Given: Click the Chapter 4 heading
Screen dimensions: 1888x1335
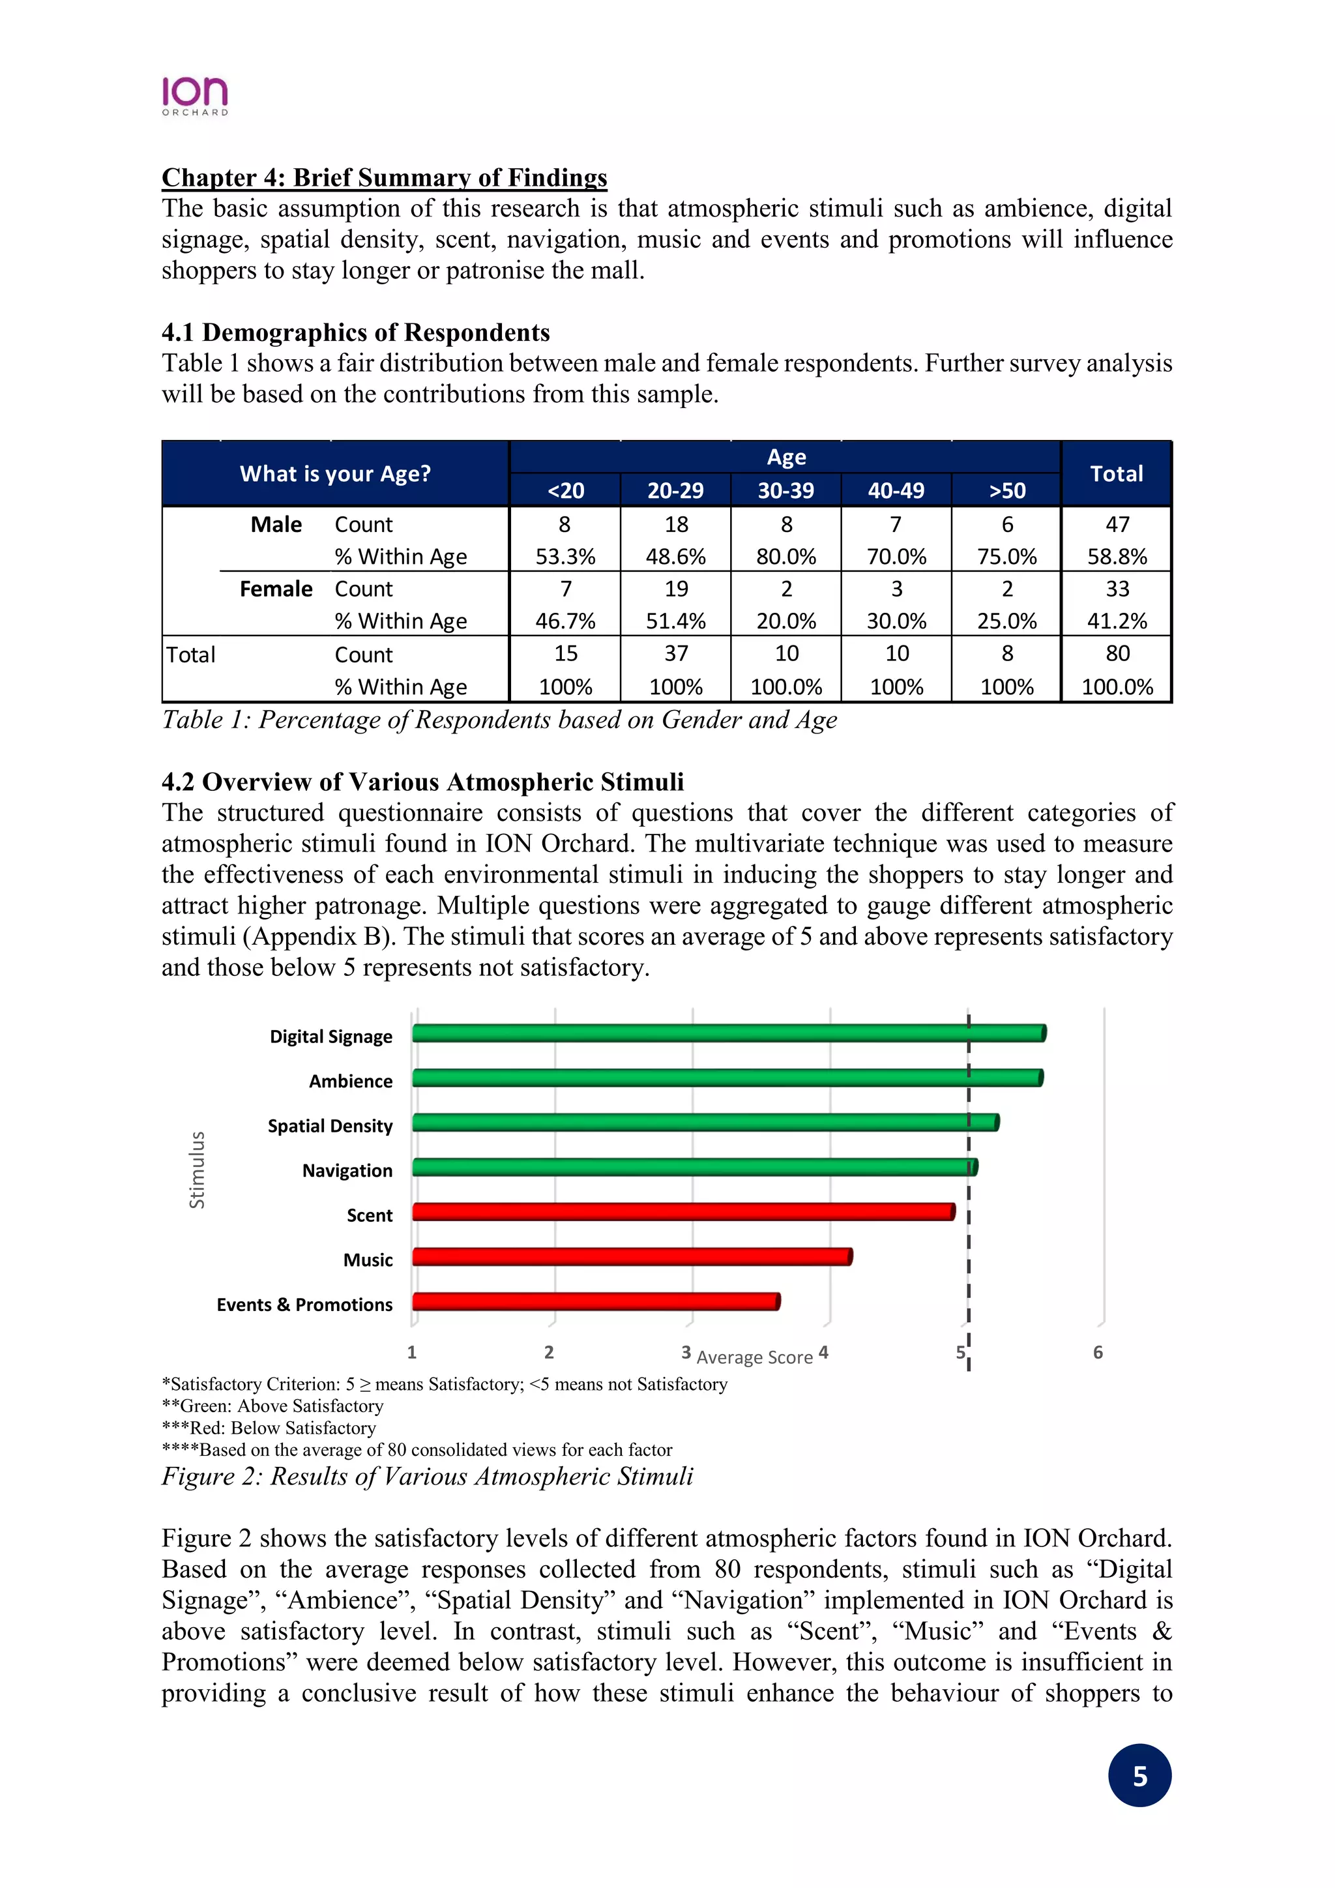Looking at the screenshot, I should (384, 177).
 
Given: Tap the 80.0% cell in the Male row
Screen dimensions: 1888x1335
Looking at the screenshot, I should (786, 557).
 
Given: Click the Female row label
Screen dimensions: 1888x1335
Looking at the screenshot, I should (276, 589).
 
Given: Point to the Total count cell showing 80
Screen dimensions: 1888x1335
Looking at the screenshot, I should (1117, 654).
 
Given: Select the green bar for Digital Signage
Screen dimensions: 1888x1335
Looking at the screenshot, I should (727, 1033).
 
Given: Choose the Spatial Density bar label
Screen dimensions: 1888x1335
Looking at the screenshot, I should (330, 1126).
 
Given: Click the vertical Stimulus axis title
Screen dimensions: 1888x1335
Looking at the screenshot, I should (196, 1170).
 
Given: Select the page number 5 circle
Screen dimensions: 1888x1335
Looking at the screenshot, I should (1139, 1776).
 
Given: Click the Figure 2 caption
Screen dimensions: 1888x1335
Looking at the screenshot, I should (427, 1476).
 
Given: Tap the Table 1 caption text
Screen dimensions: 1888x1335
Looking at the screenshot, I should (499, 720).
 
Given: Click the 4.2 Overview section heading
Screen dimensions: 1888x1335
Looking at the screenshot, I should (422, 782).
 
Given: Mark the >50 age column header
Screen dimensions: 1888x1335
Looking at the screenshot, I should (1006, 490).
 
